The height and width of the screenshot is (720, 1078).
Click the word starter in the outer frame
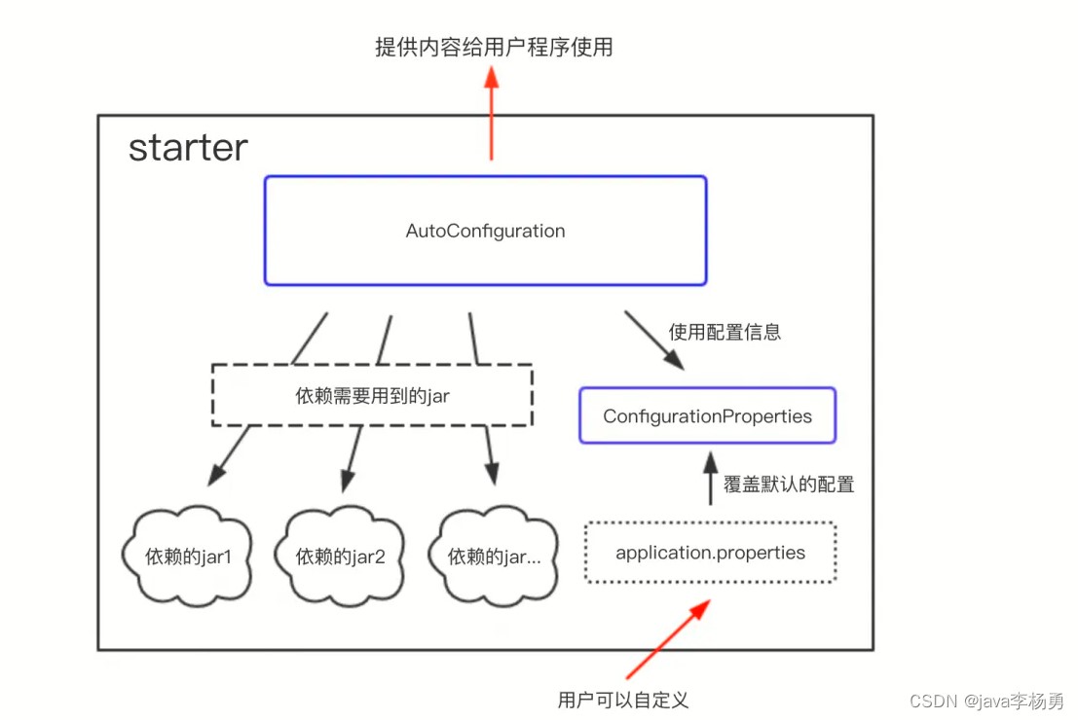(188, 148)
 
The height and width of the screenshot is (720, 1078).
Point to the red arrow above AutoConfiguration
(491, 114)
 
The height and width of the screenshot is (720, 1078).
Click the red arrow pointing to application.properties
(668, 639)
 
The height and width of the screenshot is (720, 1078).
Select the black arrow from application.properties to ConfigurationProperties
(711, 478)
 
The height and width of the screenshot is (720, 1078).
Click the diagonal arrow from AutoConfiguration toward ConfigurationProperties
(653, 341)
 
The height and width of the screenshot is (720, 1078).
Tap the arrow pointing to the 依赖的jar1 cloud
(230, 456)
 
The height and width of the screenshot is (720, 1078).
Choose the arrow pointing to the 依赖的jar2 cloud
(352, 458)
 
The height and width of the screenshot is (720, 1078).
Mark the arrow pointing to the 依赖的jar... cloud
(490, 455)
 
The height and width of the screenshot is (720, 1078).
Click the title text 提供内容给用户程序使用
(494, 47)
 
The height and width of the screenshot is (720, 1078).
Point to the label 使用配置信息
(725, 333)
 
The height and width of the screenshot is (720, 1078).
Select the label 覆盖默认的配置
(789, 485)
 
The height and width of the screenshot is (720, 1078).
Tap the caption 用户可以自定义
(623, 701)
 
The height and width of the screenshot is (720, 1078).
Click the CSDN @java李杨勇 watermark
(986, 701)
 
